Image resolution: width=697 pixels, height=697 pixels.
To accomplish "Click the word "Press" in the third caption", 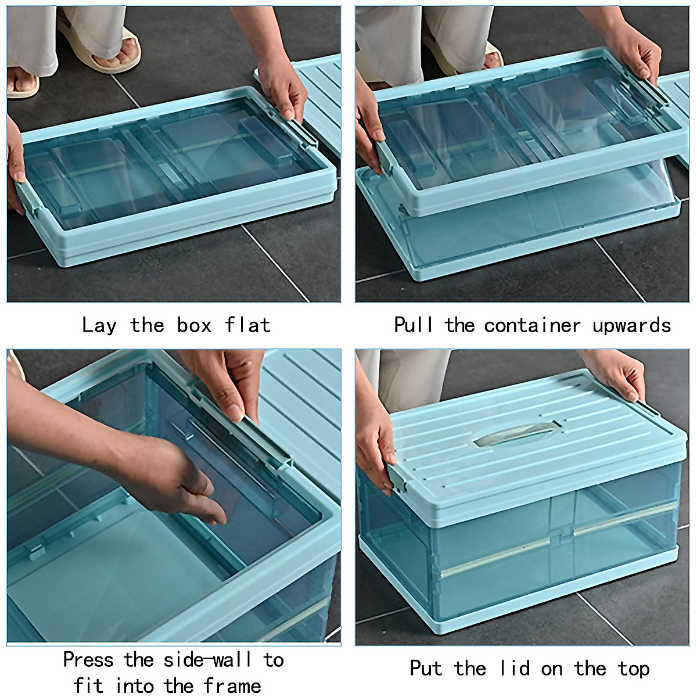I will click(x=88, y=660).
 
